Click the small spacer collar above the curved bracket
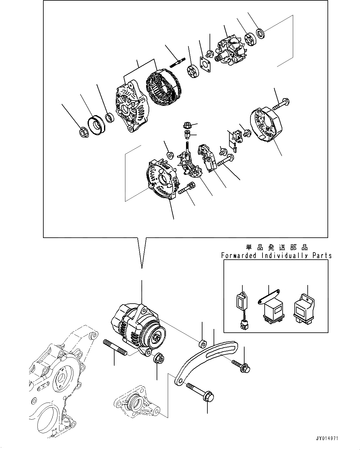pyautogui.click(x=202, y=344)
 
